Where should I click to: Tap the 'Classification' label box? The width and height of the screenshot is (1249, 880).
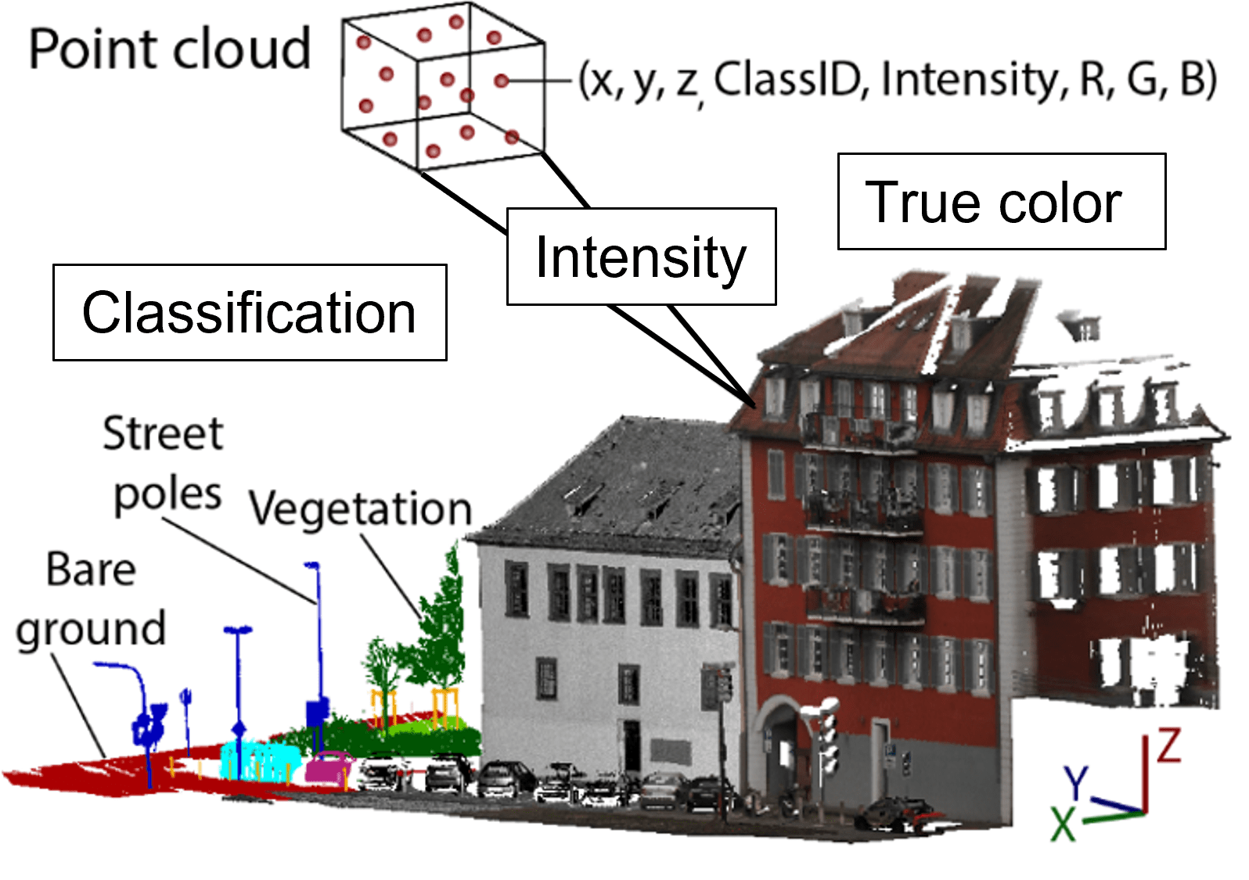click(x=250, y=313)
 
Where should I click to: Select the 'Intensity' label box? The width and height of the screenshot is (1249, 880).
click(x=641, y=257)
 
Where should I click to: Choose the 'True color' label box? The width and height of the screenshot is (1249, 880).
click(x=1001, y=202)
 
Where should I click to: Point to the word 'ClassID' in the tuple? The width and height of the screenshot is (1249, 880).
click(x=787, y=80)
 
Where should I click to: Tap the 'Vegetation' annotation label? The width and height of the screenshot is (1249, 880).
click(x=361, y=509)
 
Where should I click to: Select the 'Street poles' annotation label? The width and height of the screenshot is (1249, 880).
click(x=164, y=464)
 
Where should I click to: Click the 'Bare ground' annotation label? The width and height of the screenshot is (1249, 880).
click(x=91, y=599)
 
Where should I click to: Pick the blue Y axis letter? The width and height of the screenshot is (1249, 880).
click(x=1077, y=782)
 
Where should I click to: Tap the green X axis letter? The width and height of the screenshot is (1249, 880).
click(x=1063, y=824)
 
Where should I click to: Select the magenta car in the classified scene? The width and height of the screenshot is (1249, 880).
click(x=329, y=767)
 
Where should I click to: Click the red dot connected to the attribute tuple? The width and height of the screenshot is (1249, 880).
click(x=502, y=81)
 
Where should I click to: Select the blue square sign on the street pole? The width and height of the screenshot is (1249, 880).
click(x=317, y=713)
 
